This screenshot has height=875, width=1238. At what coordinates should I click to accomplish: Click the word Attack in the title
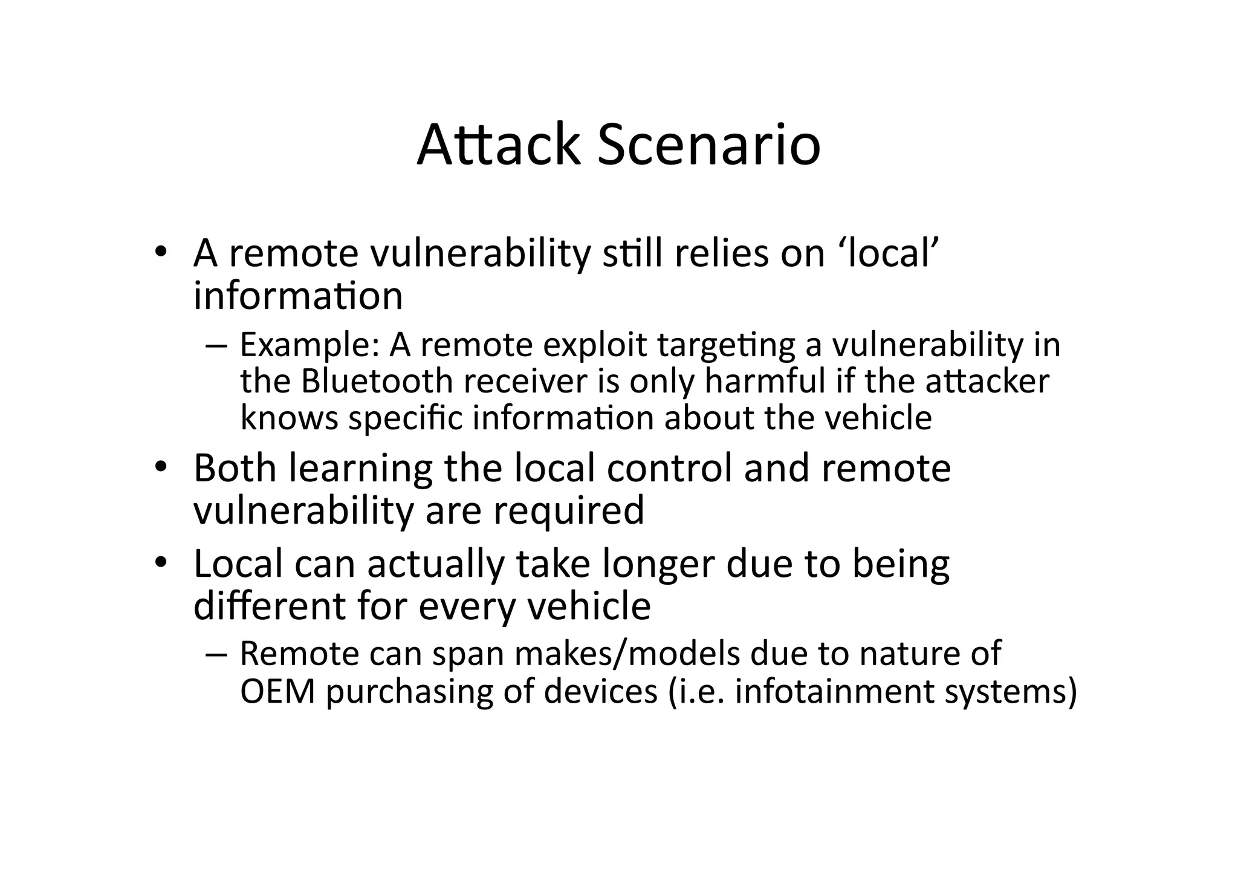pos(498,146)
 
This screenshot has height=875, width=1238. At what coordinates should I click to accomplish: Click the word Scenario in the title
pos(708,146)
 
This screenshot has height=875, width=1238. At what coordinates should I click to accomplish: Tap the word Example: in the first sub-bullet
pos(309,346)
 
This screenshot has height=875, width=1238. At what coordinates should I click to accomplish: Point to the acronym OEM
pos(277,691)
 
